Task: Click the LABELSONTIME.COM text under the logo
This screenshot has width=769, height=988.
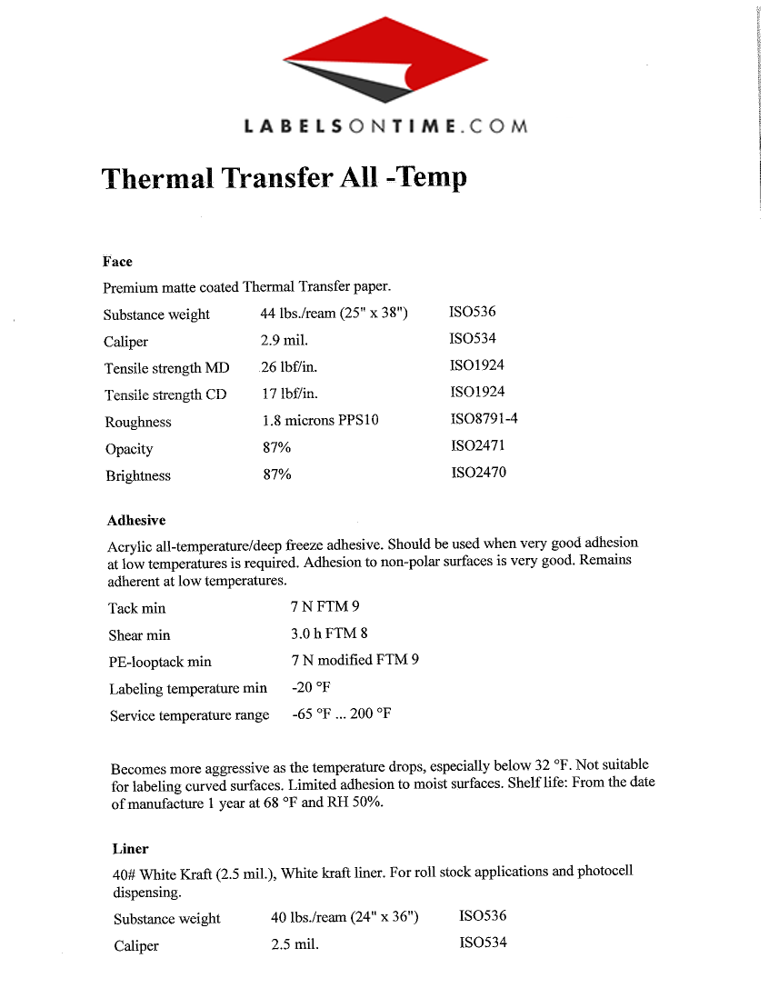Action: pos(385,127)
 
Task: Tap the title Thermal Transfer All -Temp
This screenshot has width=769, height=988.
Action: pos(285,177)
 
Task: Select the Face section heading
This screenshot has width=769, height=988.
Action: pos(117,262)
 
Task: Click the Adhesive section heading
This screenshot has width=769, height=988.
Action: pos(136,521)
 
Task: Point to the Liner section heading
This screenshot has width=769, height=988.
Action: pos(130,850)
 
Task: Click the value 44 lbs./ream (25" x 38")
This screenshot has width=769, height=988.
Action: pos(334,314)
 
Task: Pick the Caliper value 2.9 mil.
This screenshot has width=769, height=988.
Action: pos(285,341)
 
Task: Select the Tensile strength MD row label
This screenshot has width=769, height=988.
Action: pos(167,368)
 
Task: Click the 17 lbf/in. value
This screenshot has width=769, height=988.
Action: pos(289,394)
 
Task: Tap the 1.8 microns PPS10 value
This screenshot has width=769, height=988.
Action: pos(320,421)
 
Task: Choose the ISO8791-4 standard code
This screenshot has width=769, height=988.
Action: pos(484,419)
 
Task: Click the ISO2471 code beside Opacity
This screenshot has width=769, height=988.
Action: pos(478,446)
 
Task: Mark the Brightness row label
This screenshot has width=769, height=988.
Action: pos(137,475)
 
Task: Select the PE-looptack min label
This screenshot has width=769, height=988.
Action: pos(160,662)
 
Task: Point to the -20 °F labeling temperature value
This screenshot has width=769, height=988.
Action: pos(311,687)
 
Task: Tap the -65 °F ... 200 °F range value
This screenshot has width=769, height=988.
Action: pos(342,714)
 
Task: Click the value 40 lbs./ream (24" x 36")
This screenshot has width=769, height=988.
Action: pos(345,918)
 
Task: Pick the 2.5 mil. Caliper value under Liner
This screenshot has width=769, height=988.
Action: pos(295,944)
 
